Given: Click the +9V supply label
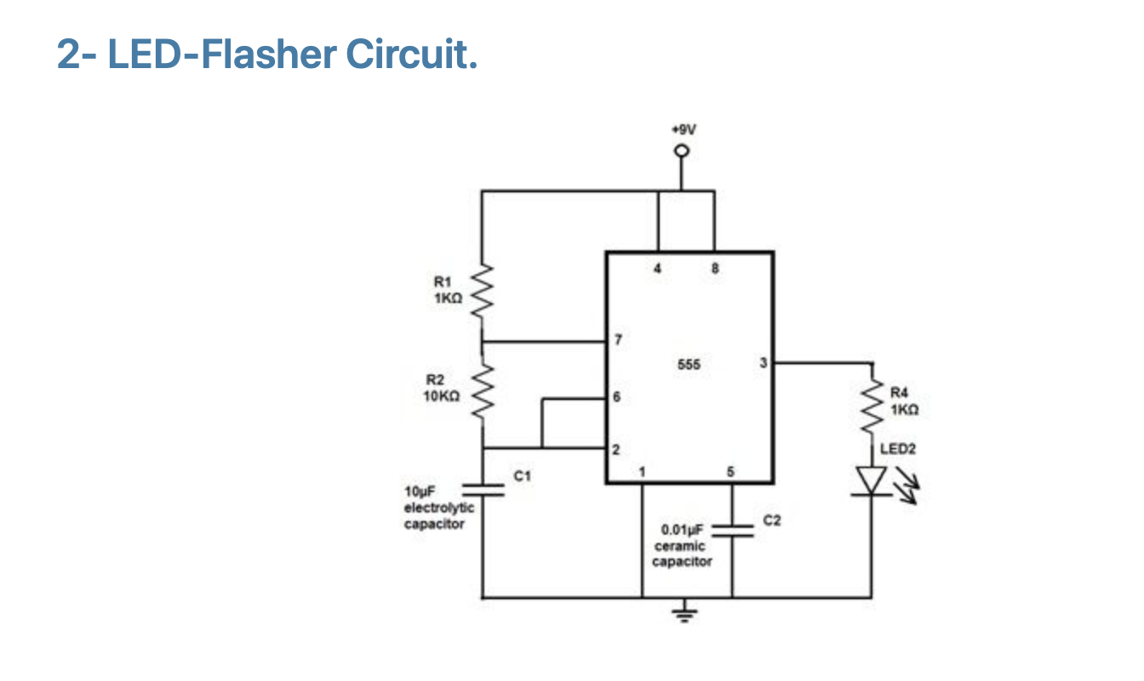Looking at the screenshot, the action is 684,129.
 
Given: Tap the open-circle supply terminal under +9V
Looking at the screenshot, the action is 682,152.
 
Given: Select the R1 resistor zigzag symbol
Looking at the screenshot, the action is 482,291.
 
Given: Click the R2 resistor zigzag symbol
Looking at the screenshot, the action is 482,392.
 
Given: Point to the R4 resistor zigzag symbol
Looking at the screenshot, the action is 872,406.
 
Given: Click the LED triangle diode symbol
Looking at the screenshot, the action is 872,481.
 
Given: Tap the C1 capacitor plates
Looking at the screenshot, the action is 483,490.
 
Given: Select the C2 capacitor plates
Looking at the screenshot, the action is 732,531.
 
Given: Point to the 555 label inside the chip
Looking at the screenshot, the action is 689,364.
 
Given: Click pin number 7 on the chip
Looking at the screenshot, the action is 618,340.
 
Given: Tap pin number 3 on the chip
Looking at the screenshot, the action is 763,363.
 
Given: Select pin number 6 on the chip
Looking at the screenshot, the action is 616,397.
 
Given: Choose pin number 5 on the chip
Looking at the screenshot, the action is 730,472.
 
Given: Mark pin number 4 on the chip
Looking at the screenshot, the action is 657,268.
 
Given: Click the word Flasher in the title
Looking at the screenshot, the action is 269,54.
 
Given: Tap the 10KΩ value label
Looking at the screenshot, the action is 442,396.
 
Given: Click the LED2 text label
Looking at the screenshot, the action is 898,449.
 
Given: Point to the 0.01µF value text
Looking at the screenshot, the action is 682,529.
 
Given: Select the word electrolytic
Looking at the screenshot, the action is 439,508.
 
